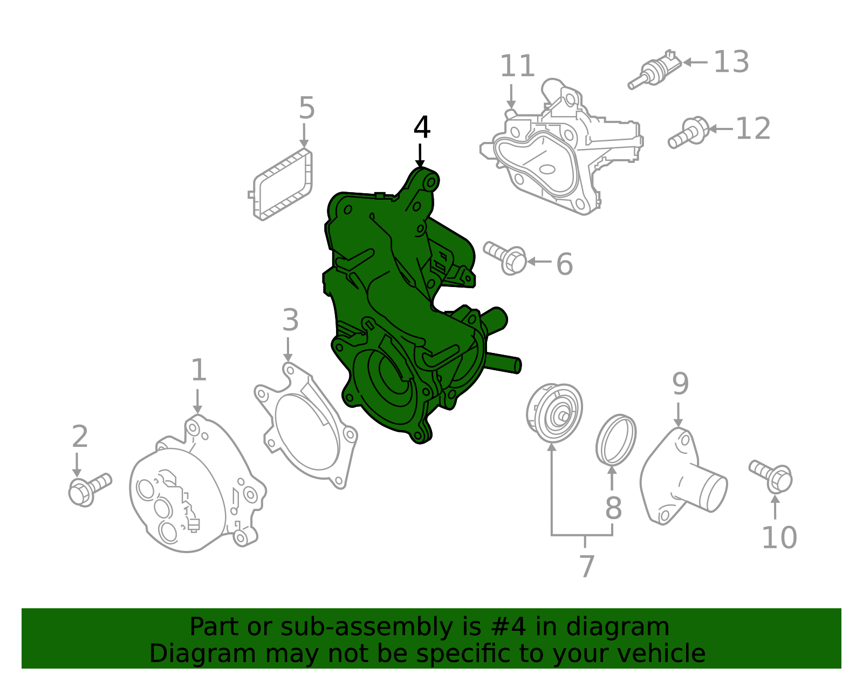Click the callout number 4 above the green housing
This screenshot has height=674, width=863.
tap(422, 128)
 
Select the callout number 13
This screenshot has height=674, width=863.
tap(731, 62)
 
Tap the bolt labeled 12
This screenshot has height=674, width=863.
tap(689, 132)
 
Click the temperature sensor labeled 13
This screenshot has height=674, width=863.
tap(655, 70)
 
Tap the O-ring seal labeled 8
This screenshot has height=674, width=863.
tap(616, 439)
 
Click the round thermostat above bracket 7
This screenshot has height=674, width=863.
tap(554, 413)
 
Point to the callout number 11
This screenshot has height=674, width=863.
tap(517, 66)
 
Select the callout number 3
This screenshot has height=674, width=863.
tap(290, 321)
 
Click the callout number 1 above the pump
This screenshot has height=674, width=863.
tap(198, 370)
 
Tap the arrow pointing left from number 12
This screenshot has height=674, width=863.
tap(720, 129)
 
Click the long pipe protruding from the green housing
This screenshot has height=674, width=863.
tap(503, 362)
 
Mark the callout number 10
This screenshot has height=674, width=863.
tap(778, 537)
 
